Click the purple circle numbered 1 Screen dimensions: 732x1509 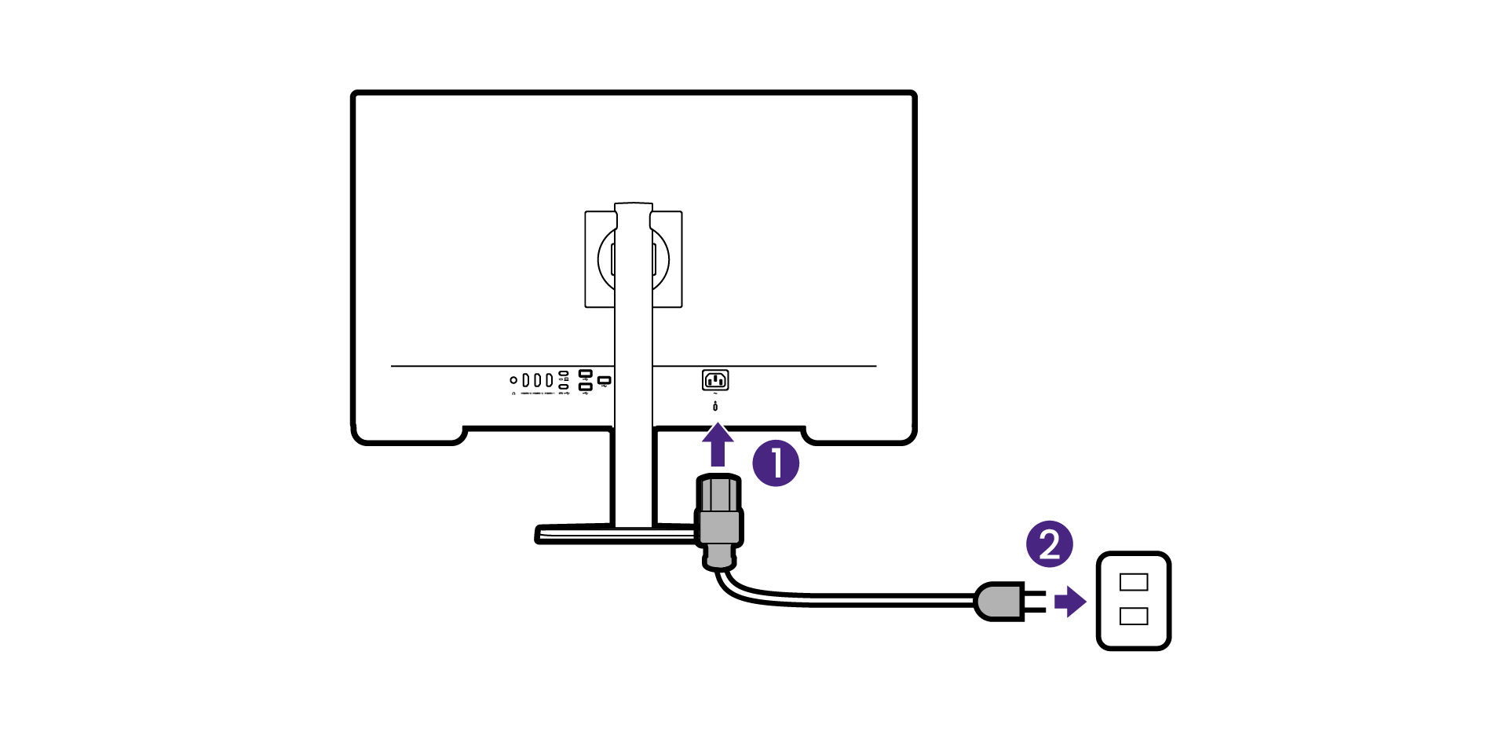pyautogui.click(x=776, y=463)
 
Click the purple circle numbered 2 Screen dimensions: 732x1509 pyautogui.click(x=1050, y=544)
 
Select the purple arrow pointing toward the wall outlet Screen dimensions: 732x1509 pyautogui.click(x=1070, y=602)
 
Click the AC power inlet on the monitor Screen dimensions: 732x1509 pyautogui.click(x=715, y=380)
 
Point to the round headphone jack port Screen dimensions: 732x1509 pyautogui.click(x=513, y=380)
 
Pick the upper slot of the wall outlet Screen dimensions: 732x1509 pyautogui.click(x=1134, y=582)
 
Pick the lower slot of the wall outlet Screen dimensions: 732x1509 pyautogui.click(x=1134, y=616)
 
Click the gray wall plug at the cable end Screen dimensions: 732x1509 pyautogui.click(x=999, y=602)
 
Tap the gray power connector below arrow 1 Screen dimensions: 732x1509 pyautogui.click(x=718, y=518)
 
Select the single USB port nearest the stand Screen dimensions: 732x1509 pyautogui.click(x=604, y=381)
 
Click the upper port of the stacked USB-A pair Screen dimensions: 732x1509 pyautogui.click(x=585, y=374)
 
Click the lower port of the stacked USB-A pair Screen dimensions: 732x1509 pyautogui.click(x=585, y=386)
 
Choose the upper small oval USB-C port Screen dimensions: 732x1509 pyautogui.click(x=563, y=374)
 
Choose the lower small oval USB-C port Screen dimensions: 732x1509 pyautogui.click(x=563, y=386)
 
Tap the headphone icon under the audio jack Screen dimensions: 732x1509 pyautogui.click(x=513, y=393)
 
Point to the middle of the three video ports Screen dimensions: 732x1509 pyautogui.click(x=538, y=380)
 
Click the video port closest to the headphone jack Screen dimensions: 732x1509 pyautogui.click(x=526, y=380)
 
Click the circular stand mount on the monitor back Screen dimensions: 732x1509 pyautogui.click(x=634, y=258)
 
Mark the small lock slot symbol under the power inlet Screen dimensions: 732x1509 pyautogui.click(x=715, y=406)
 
